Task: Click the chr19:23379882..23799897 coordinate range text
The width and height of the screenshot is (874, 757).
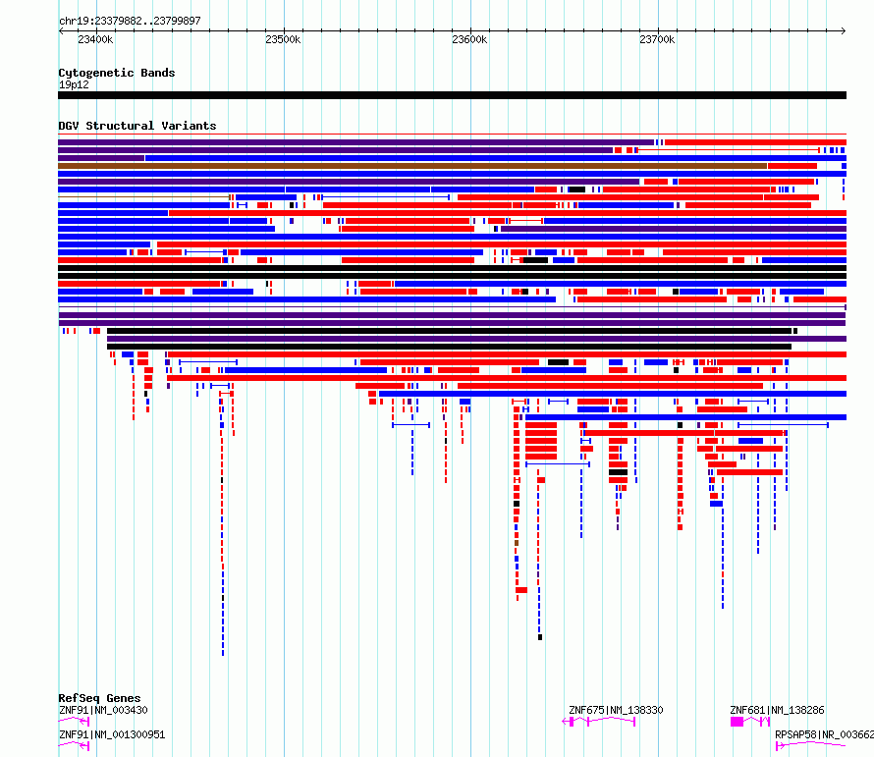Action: pos(130,21)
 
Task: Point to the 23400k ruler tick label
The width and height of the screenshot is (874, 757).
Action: pos(95,39)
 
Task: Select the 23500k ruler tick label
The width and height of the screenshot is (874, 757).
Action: pos(283,39)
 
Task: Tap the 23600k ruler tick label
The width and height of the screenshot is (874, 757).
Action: pos(469,39)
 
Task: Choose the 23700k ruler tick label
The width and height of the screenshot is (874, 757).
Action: pos(657,39)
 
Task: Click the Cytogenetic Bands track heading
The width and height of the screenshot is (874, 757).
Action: pos(117,73)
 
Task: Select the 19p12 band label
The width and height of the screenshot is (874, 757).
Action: pos(74,84)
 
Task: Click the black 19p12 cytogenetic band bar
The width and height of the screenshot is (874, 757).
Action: pos(452,95)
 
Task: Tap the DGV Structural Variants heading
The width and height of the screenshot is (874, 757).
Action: pos(137,126)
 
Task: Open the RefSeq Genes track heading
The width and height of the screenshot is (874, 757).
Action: pos(100,698)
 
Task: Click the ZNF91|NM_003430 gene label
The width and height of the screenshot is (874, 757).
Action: pos(103,710)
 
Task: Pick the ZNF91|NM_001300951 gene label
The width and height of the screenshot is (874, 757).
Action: pos(112,734)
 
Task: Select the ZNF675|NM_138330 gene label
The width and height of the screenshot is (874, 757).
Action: pos(616,710)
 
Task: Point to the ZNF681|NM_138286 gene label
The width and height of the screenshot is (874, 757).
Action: pos(777,710)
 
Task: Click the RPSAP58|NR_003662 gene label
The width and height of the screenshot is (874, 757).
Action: pos(824,734)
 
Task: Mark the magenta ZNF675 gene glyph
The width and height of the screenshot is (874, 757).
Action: pos(599,722)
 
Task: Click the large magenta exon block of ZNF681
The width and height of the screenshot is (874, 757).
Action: pos(737,722)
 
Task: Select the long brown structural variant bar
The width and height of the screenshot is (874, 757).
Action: pos(412,166)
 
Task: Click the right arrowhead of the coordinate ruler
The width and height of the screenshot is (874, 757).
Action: pos(845,31)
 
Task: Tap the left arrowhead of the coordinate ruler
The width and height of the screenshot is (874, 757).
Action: pos(60,31)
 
